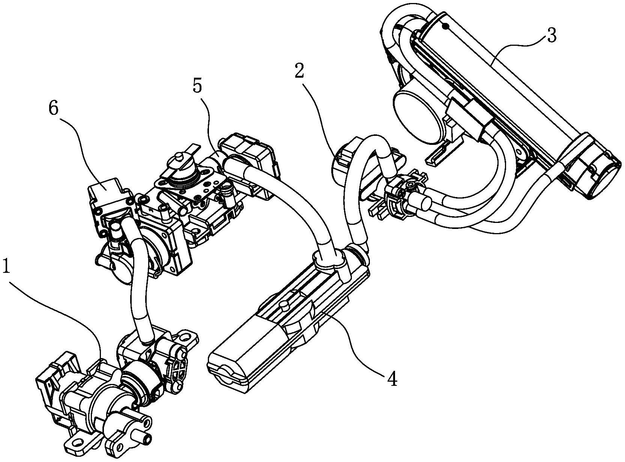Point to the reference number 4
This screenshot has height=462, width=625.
pos(392,380)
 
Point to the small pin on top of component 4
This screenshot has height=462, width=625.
pos(284,305)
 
